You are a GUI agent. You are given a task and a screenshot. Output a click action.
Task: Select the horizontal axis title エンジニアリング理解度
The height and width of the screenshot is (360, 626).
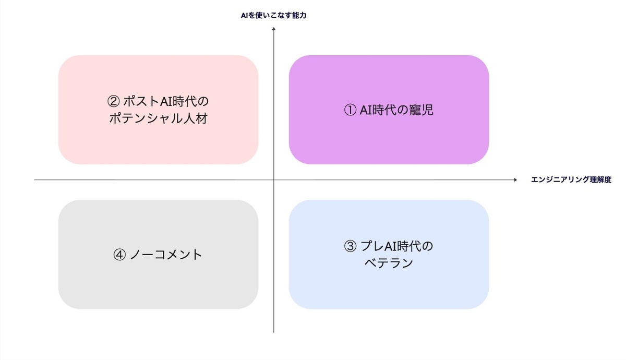[571, 179]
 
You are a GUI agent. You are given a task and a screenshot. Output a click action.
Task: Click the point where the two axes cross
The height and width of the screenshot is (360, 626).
[273, 180]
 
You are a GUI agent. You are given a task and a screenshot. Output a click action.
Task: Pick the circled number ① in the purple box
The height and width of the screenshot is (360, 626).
[350, 110]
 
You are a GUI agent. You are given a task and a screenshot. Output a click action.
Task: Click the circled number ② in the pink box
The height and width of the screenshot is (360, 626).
[113, 100]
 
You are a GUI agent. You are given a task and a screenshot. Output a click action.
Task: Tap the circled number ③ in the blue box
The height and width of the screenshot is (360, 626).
[350, 246]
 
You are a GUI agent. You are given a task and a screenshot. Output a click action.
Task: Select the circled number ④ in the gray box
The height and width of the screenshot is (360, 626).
[119, 255]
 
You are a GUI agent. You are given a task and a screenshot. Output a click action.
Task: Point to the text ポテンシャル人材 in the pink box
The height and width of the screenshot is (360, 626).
[159, 119]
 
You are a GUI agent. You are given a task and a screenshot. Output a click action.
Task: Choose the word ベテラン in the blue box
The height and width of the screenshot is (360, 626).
[389, 263]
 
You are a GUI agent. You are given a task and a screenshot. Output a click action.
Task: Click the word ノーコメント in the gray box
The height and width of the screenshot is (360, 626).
[166, 255]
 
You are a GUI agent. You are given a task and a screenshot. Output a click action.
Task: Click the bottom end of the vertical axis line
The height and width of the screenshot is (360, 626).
[273, 332]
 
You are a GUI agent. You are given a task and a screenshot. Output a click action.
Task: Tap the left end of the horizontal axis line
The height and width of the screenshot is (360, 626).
[35, 180]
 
